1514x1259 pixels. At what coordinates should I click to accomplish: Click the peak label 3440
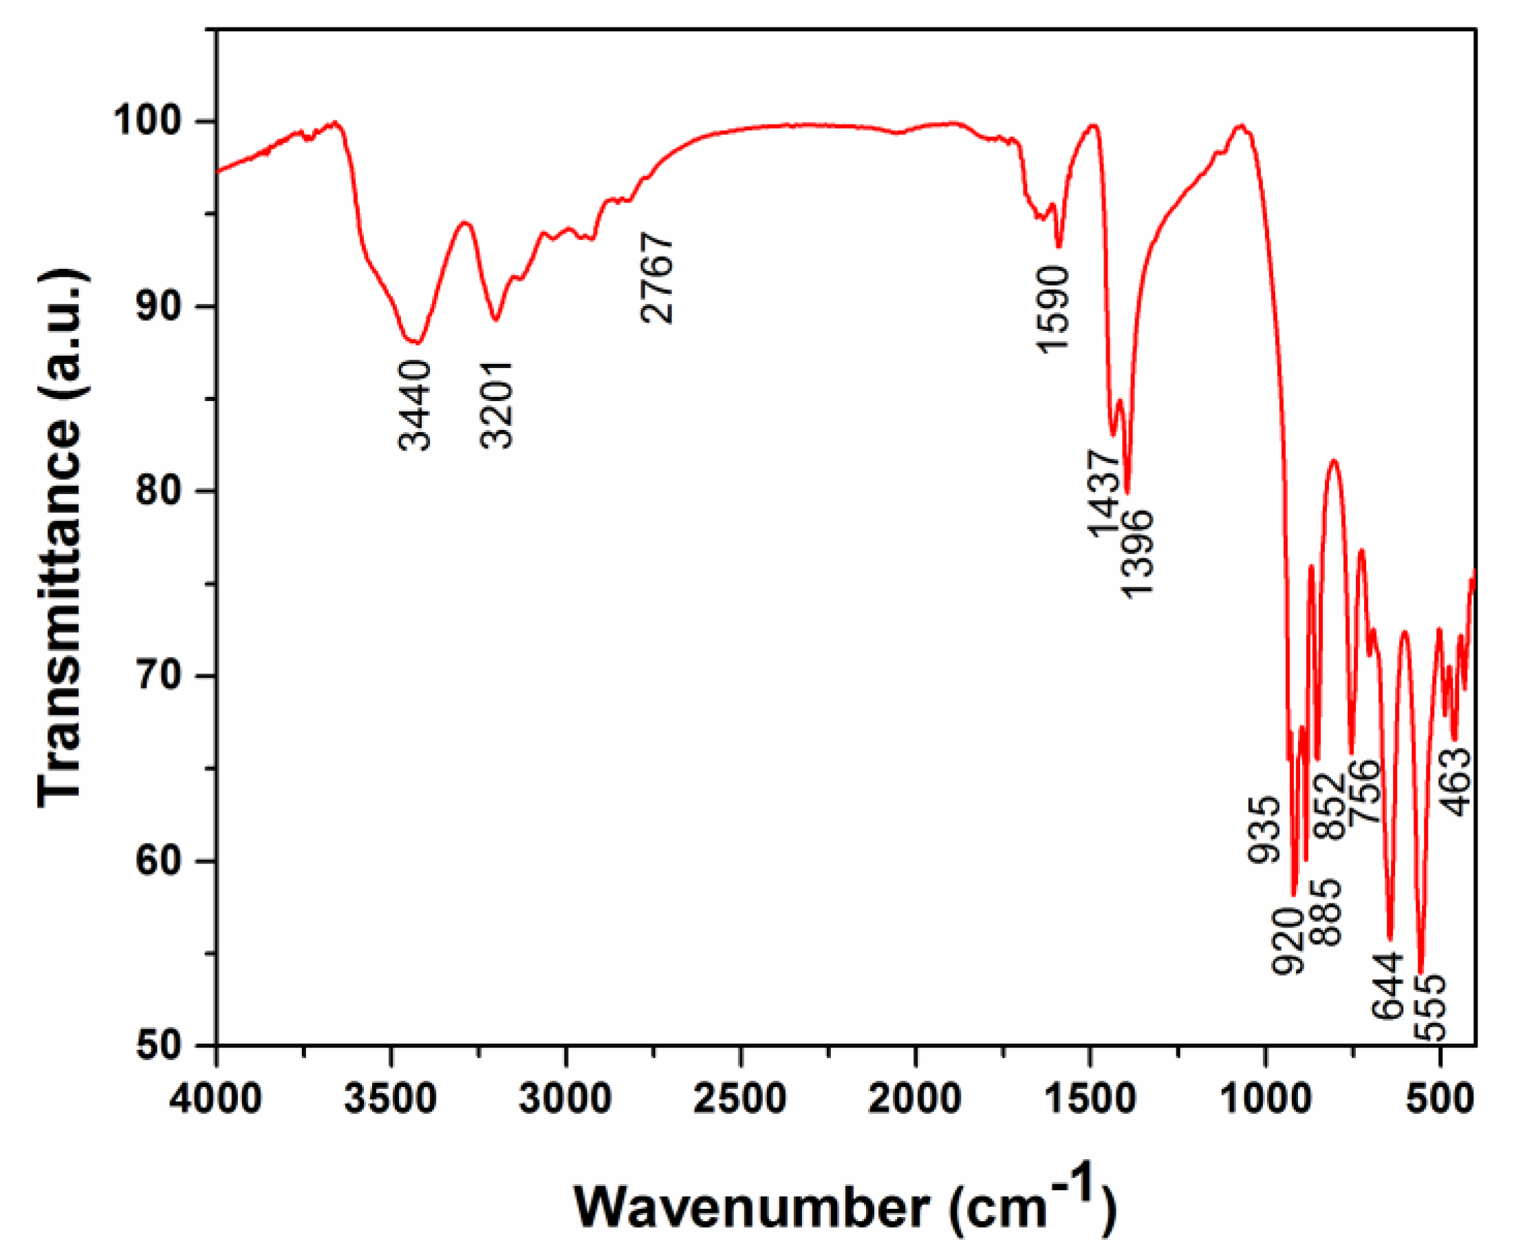[x=415, y=407]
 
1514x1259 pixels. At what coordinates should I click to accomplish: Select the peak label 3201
[x=497, y=405]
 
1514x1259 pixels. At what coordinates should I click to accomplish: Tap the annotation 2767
[x=657, y=278]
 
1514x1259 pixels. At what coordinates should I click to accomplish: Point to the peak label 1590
[x=1053, y=309]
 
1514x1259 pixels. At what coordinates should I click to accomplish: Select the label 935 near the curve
[x=1264, y=830]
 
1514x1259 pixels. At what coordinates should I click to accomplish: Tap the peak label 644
[x=1388, y=986]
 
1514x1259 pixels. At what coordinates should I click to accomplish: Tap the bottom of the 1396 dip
[x=1127, y=493]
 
